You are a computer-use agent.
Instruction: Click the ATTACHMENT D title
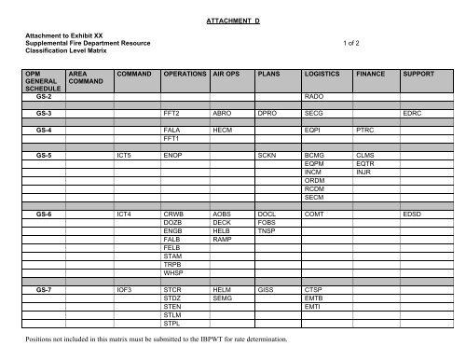(x=233, y=18)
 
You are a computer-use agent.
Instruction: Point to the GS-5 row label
(x=44, y=155)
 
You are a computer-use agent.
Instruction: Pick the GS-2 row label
(x=44, y=96)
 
